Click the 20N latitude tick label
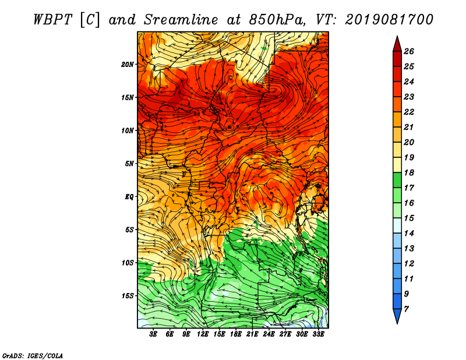128,65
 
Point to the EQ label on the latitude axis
129,197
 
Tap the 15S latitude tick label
128,296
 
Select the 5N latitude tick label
129,164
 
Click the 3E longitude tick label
153,334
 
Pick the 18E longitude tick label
236,334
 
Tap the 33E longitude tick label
318,334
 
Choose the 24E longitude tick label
269,334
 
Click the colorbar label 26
409,51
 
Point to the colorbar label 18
409,172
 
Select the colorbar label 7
407,309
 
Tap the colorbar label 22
409,112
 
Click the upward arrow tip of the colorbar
397,36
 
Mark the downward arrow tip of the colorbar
397,323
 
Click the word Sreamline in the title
181,20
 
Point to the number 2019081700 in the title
389,20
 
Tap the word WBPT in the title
52,20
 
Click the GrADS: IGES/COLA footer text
33,356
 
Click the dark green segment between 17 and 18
397,180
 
